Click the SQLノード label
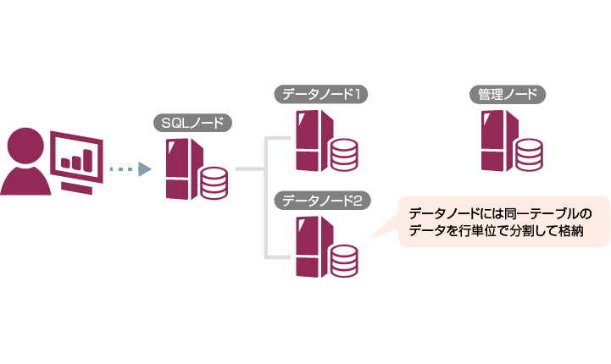pos(192,123)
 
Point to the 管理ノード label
pos(506,95)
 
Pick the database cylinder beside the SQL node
pos(214,184)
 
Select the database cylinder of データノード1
pos(343,155)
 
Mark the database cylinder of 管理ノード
pos(528,155)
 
